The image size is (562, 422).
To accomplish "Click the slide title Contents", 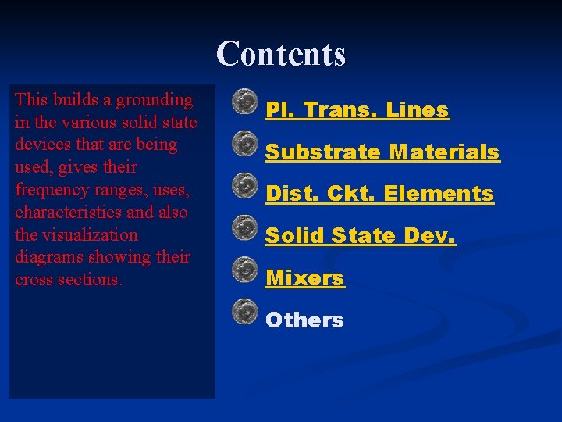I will (x=281, y=55).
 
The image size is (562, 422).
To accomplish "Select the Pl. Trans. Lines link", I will (x=357, y=111).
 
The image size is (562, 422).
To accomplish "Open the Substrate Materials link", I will (x=382, y=152).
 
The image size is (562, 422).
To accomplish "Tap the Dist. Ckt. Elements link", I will (x=379, y=194).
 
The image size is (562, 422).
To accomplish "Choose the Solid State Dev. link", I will (x=360, y=235).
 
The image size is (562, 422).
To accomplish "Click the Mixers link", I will (x=304, y=278).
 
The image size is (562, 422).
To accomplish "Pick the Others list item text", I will (x=304, y=320).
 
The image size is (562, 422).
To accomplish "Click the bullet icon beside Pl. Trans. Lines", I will (x=245, y=102).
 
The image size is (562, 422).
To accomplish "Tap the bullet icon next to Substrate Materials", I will (x=245, y=143).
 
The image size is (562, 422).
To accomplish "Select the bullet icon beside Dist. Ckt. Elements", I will (x=245, y=185).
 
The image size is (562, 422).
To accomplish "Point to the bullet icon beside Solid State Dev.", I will (x=245, y=227).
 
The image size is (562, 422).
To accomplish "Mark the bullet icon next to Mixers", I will (x=245, y=269).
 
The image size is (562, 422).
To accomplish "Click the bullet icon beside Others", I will (x=245, y=311).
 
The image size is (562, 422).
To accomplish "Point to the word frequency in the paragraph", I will (x=49, y=190).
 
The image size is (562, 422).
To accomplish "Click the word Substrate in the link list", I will (x=322, y=152).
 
